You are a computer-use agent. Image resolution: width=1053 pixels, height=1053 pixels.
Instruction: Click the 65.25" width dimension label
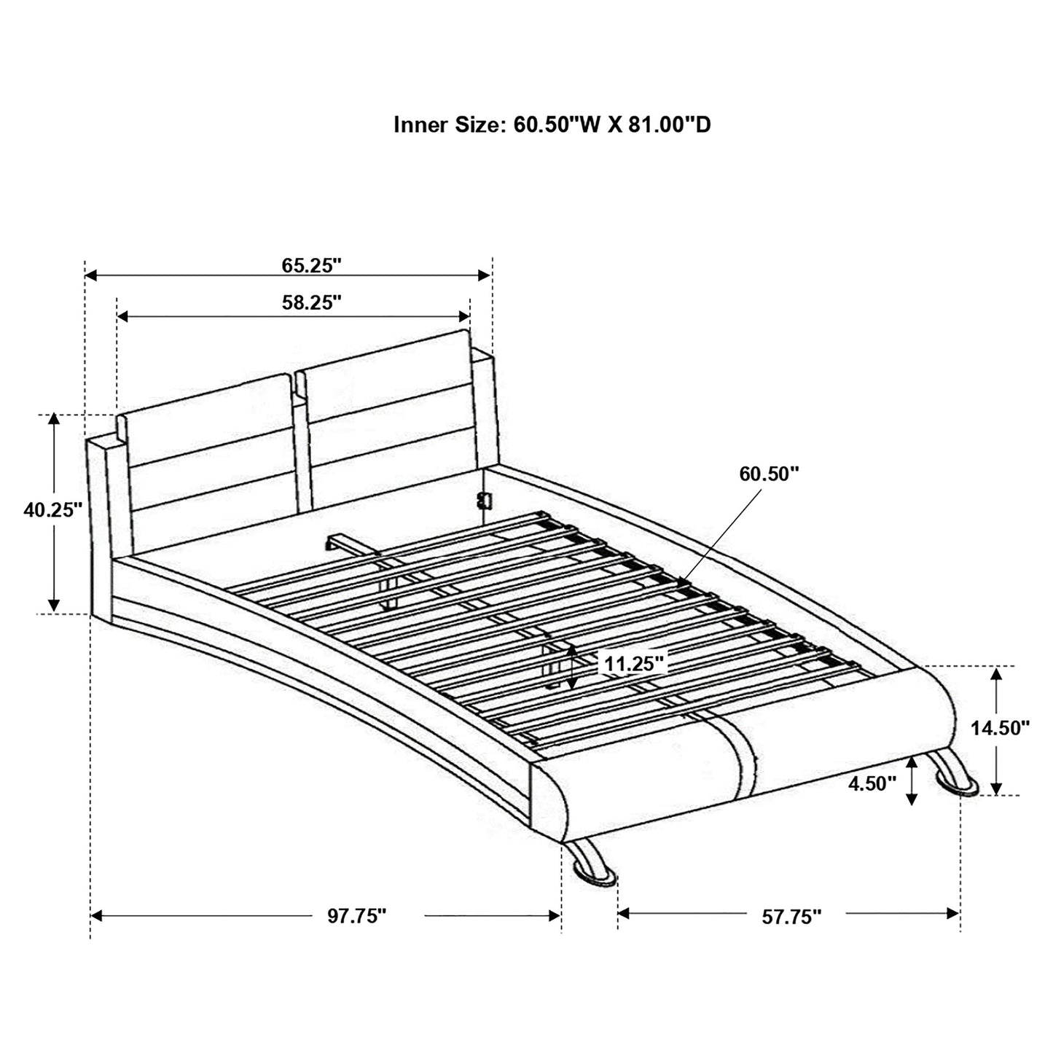311,265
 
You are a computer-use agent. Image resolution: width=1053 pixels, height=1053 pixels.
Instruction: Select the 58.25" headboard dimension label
312,303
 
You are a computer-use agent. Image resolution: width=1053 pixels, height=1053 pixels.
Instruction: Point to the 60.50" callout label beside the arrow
769,474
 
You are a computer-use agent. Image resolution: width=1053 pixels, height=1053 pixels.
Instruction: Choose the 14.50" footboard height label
1000,727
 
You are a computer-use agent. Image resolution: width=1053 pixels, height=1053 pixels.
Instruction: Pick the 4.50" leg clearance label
872,784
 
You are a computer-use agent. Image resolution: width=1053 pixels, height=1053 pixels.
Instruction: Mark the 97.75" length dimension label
356,916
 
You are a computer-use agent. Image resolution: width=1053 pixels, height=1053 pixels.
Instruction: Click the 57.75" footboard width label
791,917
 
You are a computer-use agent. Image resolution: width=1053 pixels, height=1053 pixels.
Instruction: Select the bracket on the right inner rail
482,499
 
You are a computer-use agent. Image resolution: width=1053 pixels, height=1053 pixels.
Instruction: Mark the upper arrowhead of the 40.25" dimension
53,419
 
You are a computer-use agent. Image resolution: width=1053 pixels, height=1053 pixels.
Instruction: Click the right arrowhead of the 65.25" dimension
485,275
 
